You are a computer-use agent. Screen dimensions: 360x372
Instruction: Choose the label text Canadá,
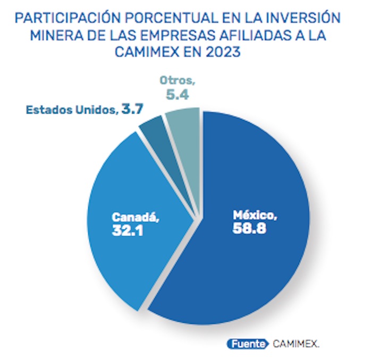[136, 218]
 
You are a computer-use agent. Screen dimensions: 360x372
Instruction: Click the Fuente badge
[247, 344]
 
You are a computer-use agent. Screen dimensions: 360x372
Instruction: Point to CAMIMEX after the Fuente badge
[297, 344]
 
